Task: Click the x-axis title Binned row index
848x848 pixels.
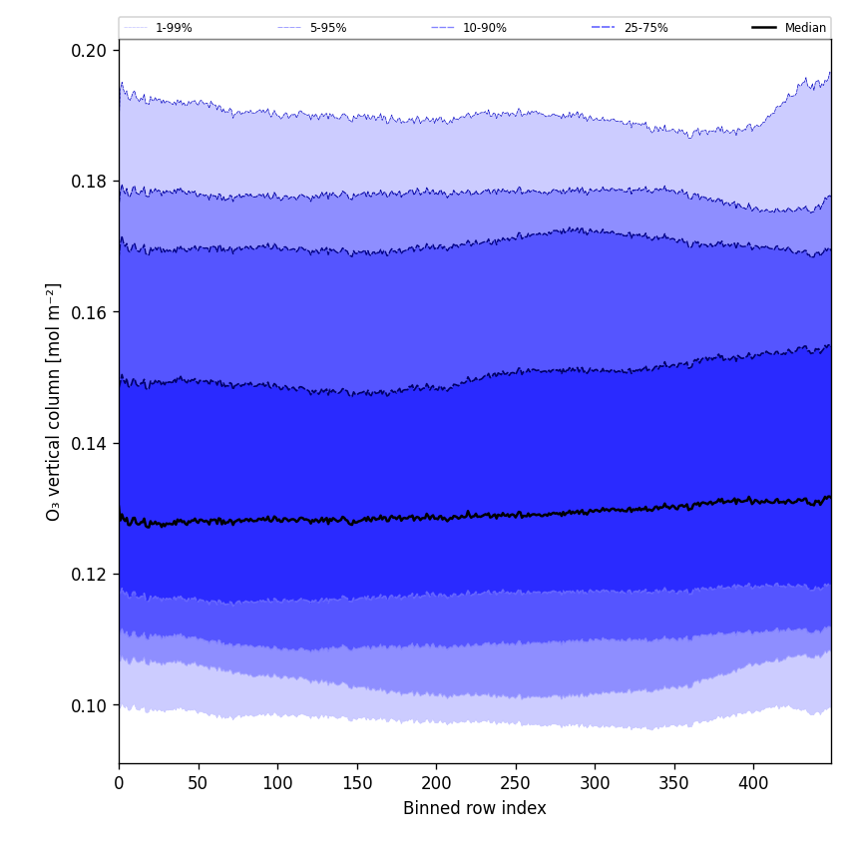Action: tap(475, 808)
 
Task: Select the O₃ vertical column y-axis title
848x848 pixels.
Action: tap(54, 401)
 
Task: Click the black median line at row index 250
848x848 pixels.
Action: tap(515, 515)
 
